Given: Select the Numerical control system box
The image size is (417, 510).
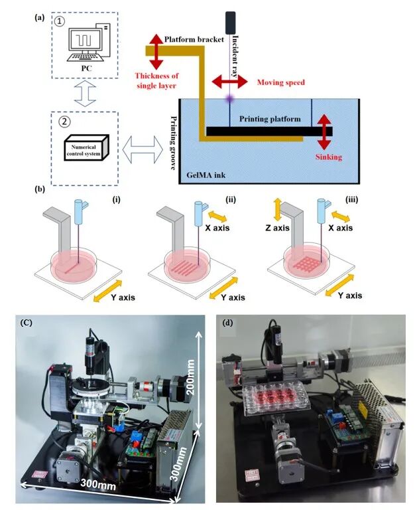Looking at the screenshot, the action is click(x=86, y=148).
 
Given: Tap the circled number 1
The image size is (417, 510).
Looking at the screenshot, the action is click(x=60, y=21).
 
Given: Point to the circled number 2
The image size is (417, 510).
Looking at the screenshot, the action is click(x=64, y=122).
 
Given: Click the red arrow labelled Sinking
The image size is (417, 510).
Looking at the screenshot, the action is click(x=324, y=131).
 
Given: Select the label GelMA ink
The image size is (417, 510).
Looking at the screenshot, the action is click(x=206, y=175).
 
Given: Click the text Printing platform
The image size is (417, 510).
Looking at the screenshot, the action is click(x=270, y=119).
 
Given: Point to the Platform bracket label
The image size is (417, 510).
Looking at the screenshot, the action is click(x=194, y=39).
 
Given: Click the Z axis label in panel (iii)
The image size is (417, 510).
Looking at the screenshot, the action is click(x=277, y=228).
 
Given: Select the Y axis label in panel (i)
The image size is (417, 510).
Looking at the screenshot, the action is click(x=123, y=297).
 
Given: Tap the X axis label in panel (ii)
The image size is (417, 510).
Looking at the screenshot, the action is click(x=217, y=227).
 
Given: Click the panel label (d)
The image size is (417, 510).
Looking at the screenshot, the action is click(x=228, y=323).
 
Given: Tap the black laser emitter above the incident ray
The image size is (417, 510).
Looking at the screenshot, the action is click(x=230, y=23).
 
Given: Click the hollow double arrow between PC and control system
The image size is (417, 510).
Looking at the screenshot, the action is click(x=85, y=93).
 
